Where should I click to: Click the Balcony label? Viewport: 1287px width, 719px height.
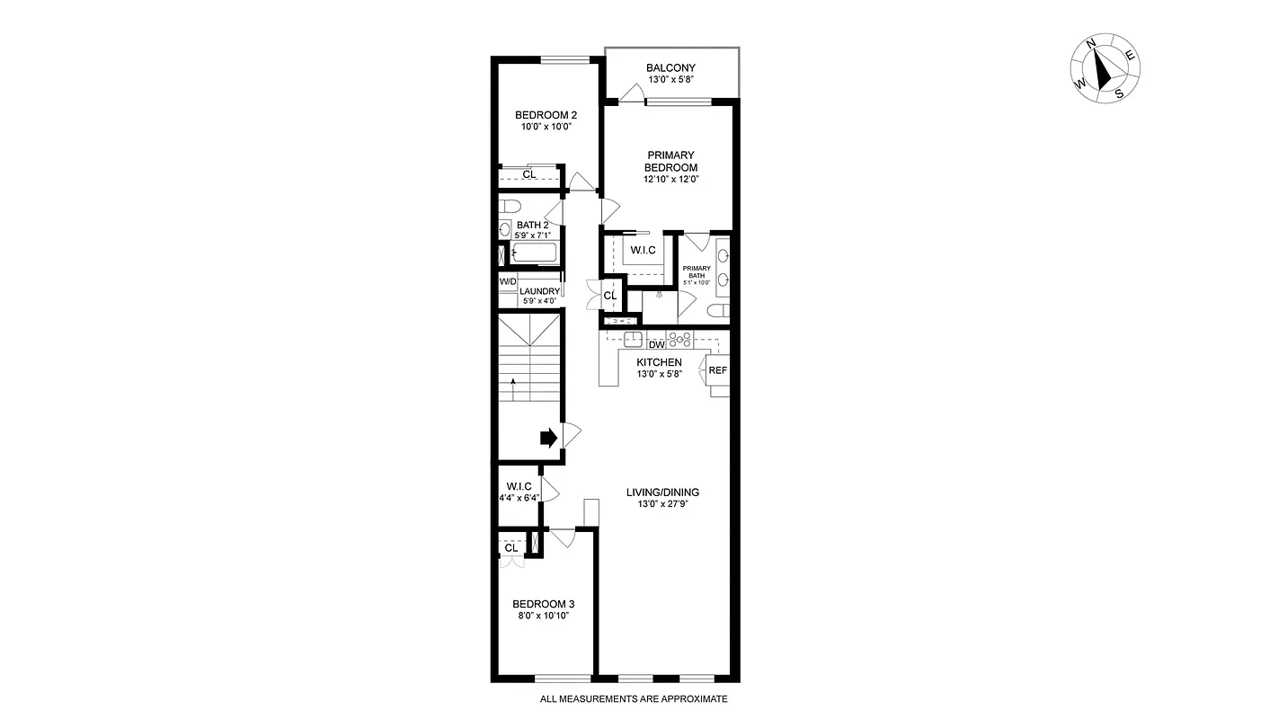point(670,68)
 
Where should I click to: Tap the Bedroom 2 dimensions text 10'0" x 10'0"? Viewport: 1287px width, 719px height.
point(545,128)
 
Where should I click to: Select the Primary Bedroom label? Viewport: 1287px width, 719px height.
point(670,161)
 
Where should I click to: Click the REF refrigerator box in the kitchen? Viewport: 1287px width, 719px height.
point(717,370)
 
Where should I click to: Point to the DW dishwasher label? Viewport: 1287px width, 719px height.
point(656,344)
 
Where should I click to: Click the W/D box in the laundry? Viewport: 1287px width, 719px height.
point(508,281)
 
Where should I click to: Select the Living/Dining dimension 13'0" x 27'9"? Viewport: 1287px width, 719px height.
point(663,505)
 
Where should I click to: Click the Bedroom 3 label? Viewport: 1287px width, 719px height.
point(543,604)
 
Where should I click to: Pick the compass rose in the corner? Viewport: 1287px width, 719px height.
point(1105,70)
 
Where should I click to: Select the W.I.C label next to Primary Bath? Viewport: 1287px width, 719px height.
point(643,250)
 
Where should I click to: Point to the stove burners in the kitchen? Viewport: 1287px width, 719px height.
point(680,340)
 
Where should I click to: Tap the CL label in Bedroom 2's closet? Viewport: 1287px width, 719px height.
point(529,174)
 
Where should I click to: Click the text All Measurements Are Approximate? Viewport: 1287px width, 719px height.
point(634,699)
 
